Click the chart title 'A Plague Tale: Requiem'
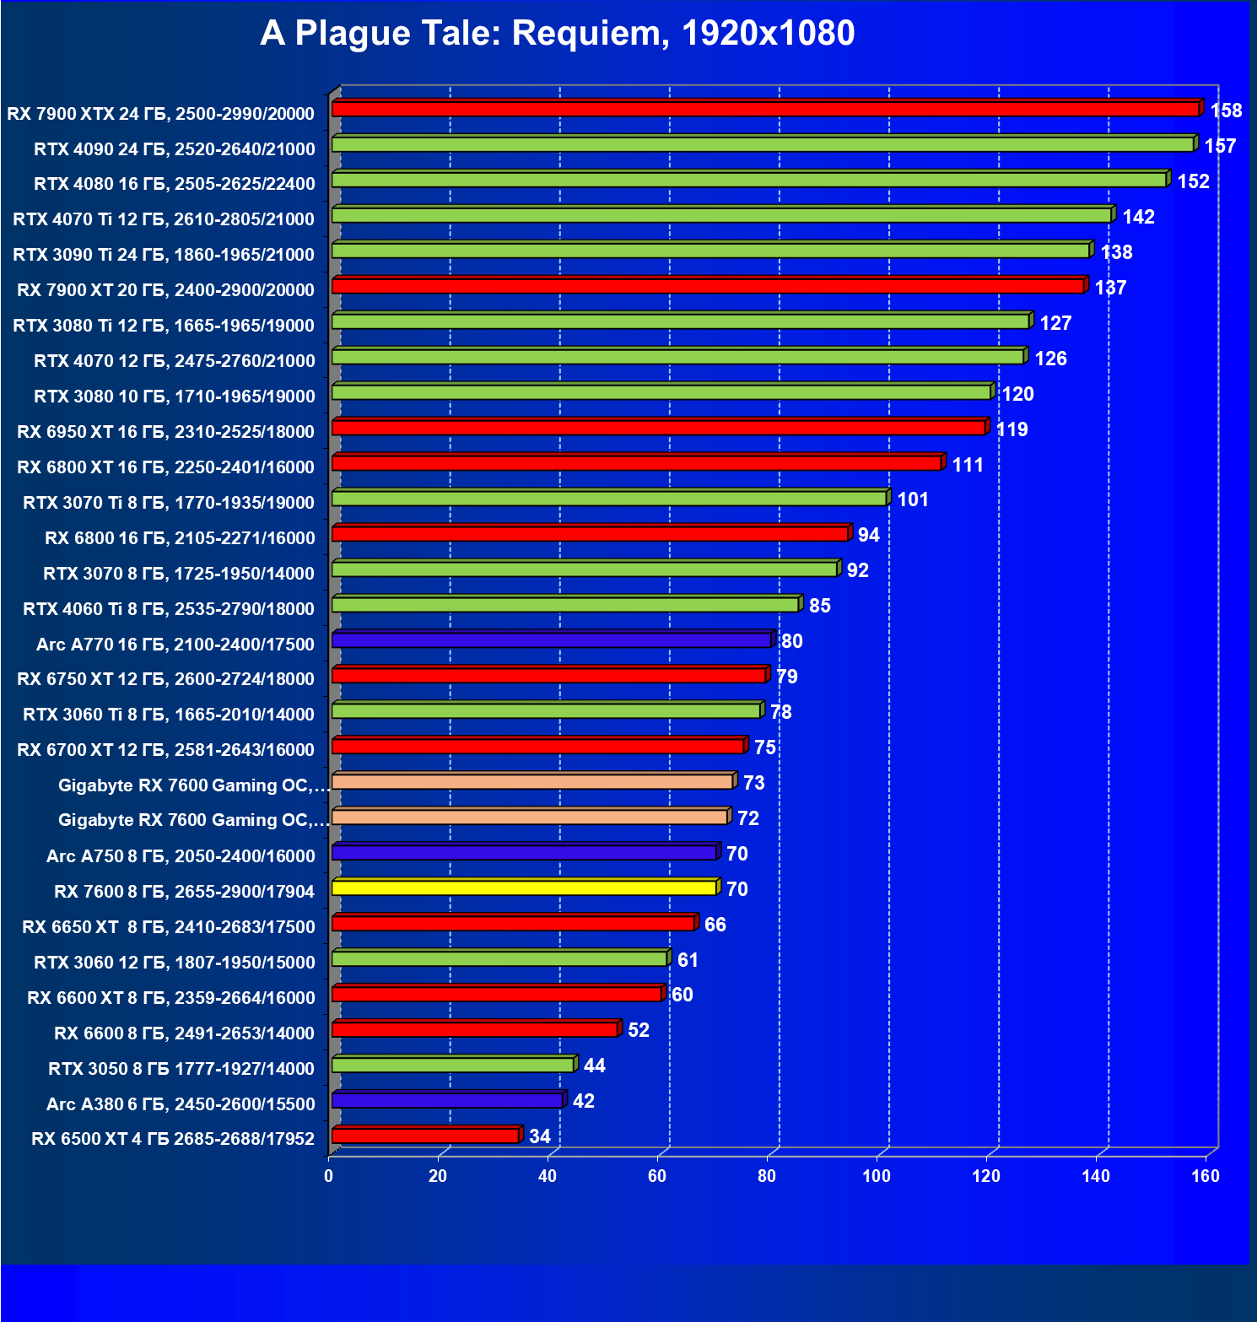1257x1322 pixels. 557,34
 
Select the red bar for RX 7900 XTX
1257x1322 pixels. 765,109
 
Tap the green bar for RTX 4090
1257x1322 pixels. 763,144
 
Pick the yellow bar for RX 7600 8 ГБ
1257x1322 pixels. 524,888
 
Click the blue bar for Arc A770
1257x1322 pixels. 552,640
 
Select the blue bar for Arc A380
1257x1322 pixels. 447,1100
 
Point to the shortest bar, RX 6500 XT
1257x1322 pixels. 425,1136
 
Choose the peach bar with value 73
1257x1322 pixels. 532,782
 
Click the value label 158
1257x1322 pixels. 1226,111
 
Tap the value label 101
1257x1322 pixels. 913,499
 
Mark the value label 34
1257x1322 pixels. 540,1136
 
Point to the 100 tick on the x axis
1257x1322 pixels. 877,1176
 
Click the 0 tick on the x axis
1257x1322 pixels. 328,1176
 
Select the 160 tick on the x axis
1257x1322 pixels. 1206,1176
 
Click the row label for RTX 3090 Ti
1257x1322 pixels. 164,255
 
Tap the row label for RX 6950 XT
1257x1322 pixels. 165,432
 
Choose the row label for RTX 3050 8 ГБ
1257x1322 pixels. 181,1069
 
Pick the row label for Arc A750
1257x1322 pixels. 181,856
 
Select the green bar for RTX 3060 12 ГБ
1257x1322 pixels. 499,958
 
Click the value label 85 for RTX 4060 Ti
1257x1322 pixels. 819,606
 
